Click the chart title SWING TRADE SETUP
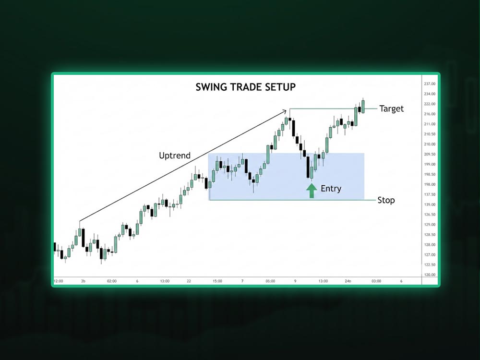245,87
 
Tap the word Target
392,108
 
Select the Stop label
386,200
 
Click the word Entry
331,189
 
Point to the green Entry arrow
312,191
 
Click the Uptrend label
175,156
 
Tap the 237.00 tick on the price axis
430,84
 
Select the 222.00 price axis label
430,104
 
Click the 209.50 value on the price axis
430,154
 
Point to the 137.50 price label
430,194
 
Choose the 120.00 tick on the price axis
430,275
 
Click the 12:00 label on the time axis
59,281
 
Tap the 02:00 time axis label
112,281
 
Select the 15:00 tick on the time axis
217,281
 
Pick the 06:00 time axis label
270,281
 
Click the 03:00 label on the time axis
376,281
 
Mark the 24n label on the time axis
348,281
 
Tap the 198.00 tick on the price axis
430,184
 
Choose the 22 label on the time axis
189,281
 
